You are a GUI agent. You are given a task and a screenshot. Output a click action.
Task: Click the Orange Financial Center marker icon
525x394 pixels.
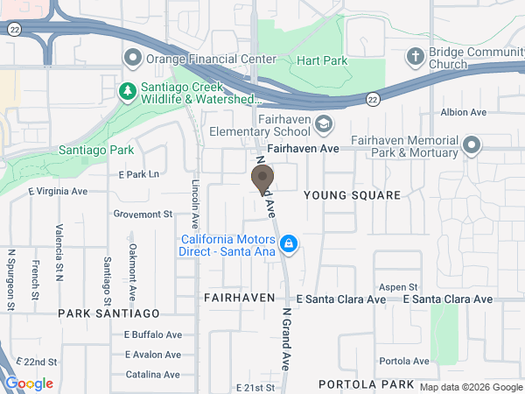click(x=133, y=60)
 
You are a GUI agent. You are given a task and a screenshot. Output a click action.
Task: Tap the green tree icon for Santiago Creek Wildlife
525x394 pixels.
click(x=128, y=90)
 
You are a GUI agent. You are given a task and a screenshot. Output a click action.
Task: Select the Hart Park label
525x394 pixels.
click(x=323, y=60)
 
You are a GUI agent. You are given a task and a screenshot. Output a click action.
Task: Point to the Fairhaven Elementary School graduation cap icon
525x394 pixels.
click(x=324, y=124)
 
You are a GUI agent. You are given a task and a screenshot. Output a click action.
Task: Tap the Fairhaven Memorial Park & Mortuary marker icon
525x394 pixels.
click(x=472, y=145)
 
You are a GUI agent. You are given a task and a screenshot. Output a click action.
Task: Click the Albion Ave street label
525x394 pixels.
click(x=464, y=112)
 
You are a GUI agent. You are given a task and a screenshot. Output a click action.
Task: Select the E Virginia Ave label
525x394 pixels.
click(x=58, y=191)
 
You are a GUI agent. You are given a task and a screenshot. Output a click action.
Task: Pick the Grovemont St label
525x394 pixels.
click(x=143, y=214)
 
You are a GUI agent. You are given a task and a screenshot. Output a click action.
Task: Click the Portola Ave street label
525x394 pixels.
click(x=404, y=361)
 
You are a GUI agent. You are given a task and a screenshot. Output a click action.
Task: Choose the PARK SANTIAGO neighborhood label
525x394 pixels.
click(x=109, y=313)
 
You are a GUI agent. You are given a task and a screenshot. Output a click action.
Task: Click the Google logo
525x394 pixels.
click(x=29, y=383)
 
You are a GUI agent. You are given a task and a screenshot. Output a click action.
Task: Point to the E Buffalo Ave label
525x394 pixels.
click(x=152, y=334)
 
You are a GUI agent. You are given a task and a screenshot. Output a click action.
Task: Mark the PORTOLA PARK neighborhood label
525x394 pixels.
click(x=366, y=384)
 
